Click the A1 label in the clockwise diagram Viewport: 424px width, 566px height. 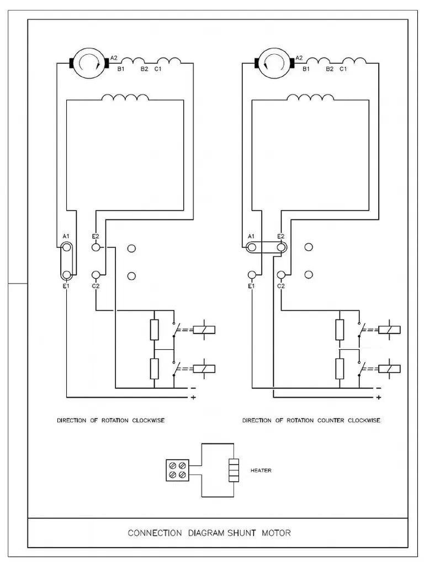(66, 236)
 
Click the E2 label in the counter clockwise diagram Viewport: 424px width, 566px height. (280, 236)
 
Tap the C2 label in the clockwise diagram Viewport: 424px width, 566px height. (96, 286)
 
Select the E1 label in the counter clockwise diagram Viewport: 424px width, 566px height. (251, 286)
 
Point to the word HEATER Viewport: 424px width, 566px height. (261, 471)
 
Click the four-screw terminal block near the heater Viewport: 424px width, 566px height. (178, 470)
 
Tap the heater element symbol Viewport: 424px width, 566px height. (234, 470)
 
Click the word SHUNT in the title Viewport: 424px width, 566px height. (241, 533)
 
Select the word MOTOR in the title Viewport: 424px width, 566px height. (277, 533)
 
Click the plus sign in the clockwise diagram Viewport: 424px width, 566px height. (193, 397)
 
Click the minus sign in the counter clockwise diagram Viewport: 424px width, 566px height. (379, 388)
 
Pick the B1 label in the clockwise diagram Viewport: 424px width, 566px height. (120, 69)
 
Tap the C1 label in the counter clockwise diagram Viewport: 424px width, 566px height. (343, 69)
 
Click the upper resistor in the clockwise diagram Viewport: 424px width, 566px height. (155, 329)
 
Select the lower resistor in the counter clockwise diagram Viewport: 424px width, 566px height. (340, 369)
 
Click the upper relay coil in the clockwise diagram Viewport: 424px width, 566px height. (204, 330)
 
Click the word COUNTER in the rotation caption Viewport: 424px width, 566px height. (331, 421)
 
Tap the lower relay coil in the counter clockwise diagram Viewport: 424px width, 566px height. (390, 369)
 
